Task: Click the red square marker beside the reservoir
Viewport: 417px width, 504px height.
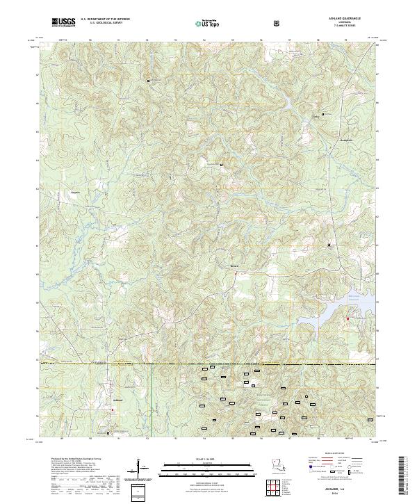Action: (x=347, y=318)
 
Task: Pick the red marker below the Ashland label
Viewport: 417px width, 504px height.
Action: (x=112, y=410)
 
